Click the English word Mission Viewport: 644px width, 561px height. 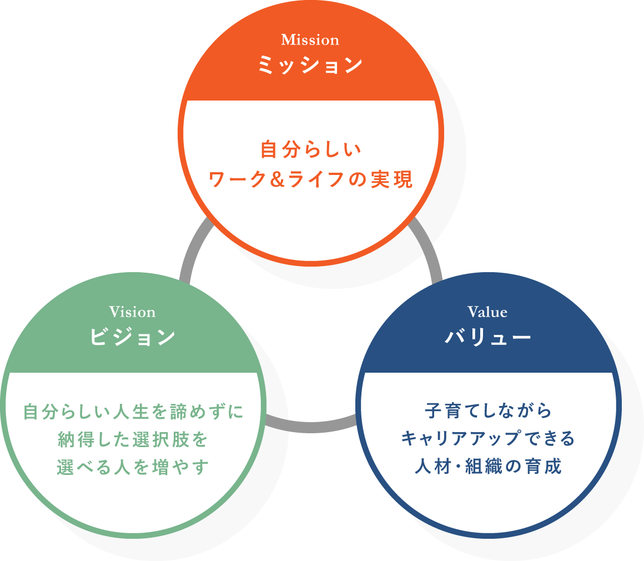pyautogui.click(x=310, y=40)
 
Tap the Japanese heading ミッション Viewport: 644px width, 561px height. pyautogui.click(x=310, y=66)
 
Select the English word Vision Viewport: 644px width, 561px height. pyautogui.click(x=132, y=312)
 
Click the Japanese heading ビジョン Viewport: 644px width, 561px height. pyautogui.click(x=133, y=337)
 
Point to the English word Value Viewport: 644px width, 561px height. pyautogui.click(x=487, y=312)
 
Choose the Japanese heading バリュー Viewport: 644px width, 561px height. pyautogui.click(x=488, y=337)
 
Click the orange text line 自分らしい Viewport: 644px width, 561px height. pyautogui.click(x=311, y=150)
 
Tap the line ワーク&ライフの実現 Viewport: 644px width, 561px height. pyautogui.click(x=311, y=179)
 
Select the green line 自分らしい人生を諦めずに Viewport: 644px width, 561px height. pyautogui.click(x=133, y=412)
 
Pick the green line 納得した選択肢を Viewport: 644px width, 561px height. pyautogui.click(x=133, y=440)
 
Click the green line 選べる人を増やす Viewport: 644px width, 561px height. pyautogui.click(x=133, y=467)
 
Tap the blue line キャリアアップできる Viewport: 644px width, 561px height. pyautogui.click(x=488, y=439)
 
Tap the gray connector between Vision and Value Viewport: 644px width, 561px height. pyautogui.click(x=311, y=425)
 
